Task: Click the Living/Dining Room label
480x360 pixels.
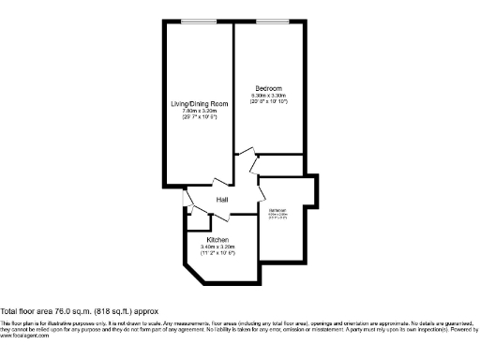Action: point(199,104)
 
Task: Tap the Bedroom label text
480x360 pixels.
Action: point(269,88)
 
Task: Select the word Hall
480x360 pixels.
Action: point(223,201)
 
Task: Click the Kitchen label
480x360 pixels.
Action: point(218,239)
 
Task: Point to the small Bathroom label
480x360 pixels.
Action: point(278,209)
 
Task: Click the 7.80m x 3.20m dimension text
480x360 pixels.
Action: point(199,112)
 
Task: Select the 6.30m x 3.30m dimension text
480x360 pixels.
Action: point(269,96)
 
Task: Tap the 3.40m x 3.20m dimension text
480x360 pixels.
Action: point(218,247)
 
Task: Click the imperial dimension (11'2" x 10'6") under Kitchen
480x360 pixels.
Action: point(218,254)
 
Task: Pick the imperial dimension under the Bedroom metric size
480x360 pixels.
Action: point(269,102)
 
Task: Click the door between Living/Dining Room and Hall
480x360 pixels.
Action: point(218,182)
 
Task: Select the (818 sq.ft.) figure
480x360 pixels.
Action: point(115,310)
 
